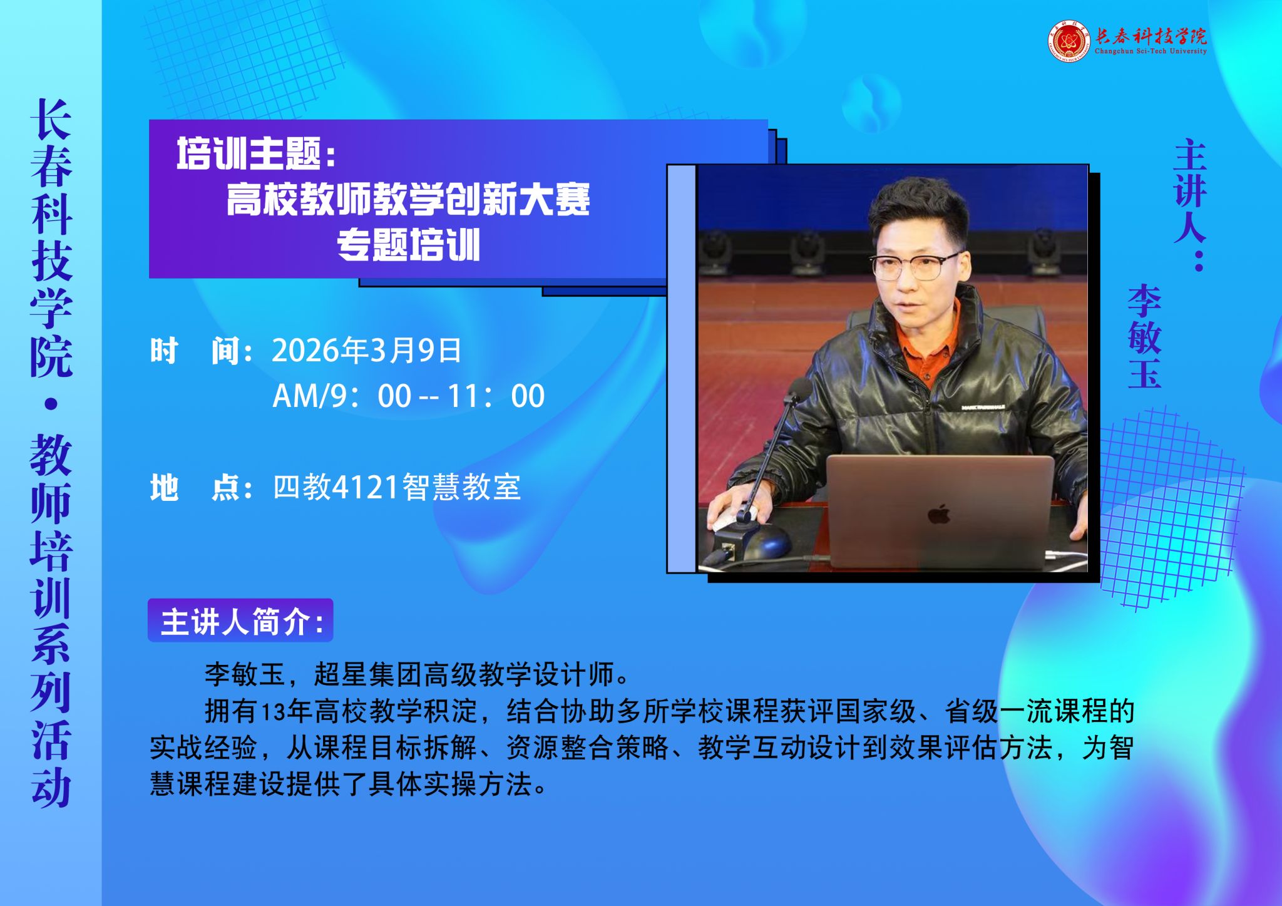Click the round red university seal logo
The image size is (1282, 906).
click(1069, 42)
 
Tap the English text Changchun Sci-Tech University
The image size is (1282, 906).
click(1151, 51)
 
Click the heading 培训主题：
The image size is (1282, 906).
click(256, 153)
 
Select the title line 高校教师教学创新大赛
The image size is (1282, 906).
click(408, 199)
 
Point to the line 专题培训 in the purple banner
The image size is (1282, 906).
click(408, 244)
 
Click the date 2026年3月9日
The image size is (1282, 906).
click(366, 350)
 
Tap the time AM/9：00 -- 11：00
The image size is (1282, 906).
click(408, 396)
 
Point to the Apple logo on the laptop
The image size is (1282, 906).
click(939, 514)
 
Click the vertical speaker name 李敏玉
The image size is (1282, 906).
click(1144, 336)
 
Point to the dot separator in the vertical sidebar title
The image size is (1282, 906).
click(51, 404)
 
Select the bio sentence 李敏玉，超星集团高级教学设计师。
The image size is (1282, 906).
click(418, 674)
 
